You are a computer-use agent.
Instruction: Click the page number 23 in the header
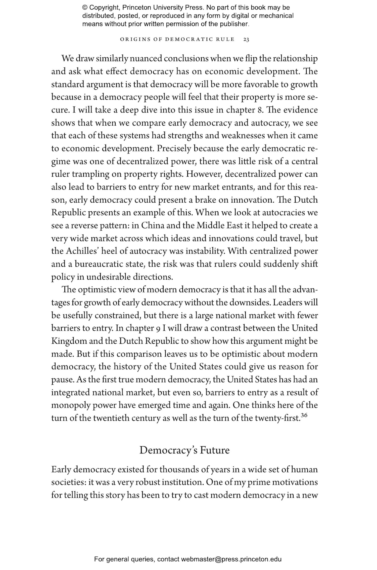[x=246, y=40]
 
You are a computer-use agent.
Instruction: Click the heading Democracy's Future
[x=184, y=450]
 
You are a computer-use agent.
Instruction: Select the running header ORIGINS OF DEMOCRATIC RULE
[x=177, y=40]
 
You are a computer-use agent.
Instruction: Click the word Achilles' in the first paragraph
[x=81, y=251]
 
